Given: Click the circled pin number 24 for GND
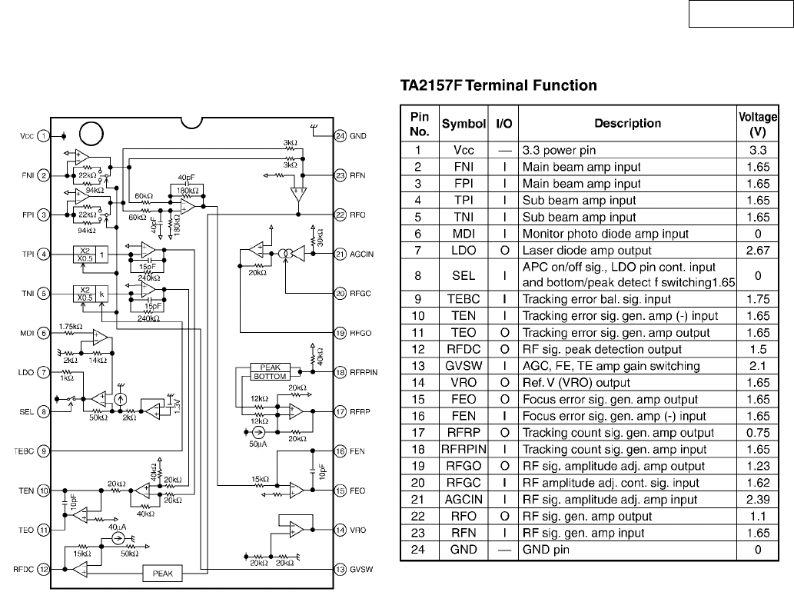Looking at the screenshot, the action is tap(341, 135).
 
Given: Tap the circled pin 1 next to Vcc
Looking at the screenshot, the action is tap(44, 135).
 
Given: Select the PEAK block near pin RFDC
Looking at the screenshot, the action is tap(162, 573).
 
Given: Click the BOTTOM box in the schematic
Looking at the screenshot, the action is tap(270, 376).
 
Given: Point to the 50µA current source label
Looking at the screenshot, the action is tap(257, 444).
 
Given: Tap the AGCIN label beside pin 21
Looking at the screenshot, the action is tap(361, 254).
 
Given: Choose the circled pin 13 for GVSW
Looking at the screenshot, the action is tap(341, 569).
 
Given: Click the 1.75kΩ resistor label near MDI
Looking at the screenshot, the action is tap(71, 327).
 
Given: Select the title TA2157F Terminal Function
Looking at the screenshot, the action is tap(498, 85).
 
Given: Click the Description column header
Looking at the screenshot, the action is tap(627, 124).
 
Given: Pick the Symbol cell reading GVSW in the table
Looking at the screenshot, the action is tap(463, 366).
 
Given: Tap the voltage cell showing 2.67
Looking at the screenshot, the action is tap(758, 251).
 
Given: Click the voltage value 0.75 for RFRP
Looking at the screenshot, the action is tap(758, 433).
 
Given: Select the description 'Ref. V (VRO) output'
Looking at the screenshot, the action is tap(576, 383).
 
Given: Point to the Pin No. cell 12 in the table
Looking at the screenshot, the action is tap(418, 349).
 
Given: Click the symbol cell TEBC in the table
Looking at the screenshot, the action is tap(463, 299).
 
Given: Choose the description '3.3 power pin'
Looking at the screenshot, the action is tap(559, 151).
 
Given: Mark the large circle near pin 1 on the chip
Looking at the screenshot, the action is tap(91, 135).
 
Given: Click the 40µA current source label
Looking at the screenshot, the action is tap(117, 527).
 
